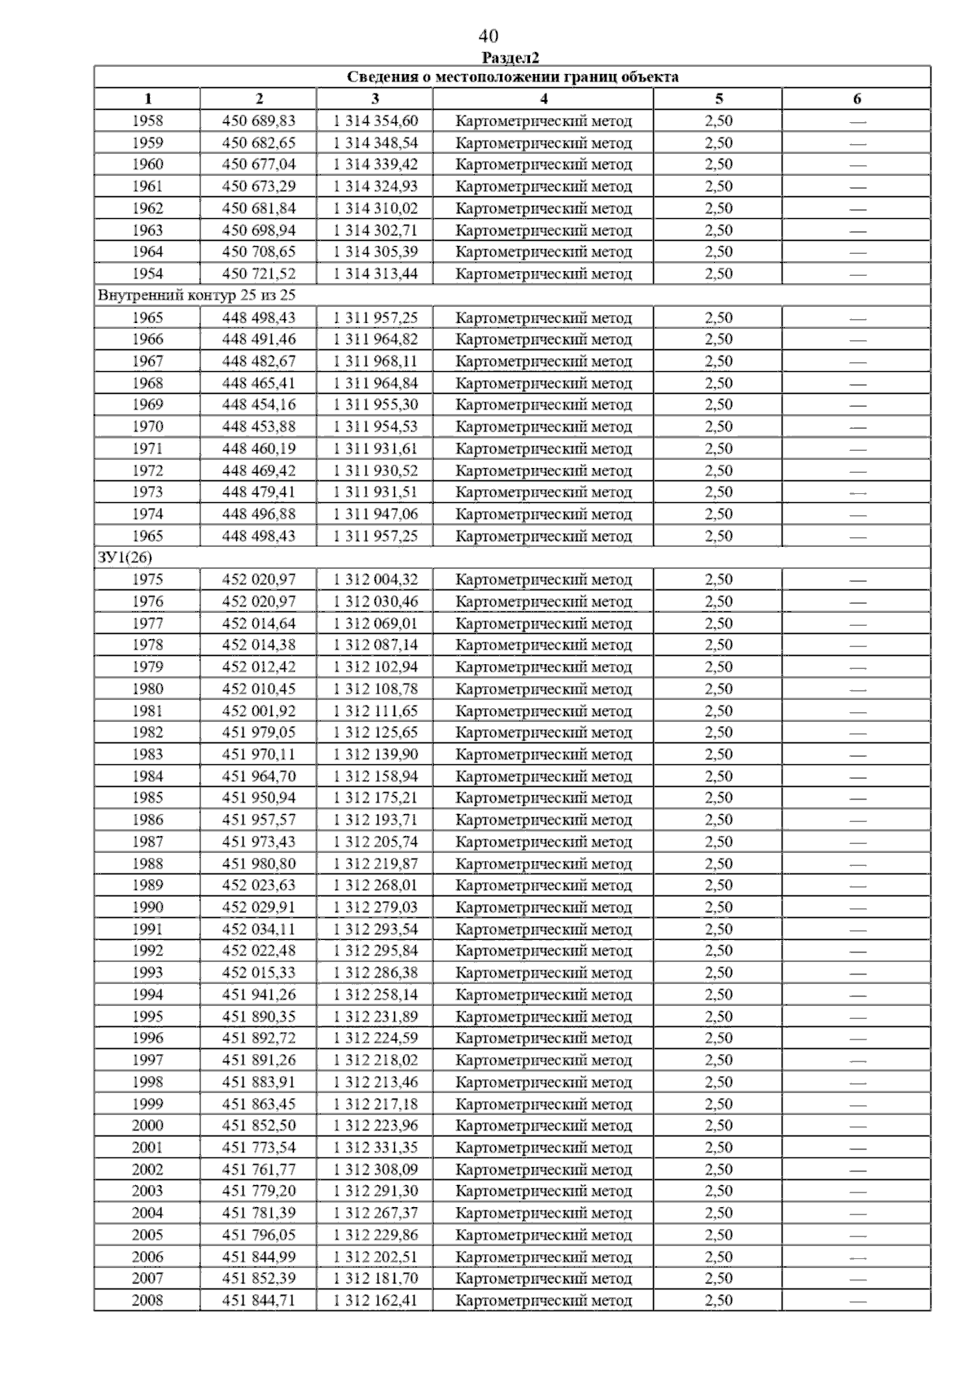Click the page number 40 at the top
pos(488,36)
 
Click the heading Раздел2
pos(510,58)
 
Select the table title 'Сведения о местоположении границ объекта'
pos(512,77)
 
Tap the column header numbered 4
pos(543,99)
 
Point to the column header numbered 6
pos(857,99)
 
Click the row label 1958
pos(147,121)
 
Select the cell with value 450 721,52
pos(259,274)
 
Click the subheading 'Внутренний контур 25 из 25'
pos(196,295)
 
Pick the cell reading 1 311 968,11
pos(375,361)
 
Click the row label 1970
pos(147,426)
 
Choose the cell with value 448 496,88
pos(259,514)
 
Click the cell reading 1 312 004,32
pos(375,579)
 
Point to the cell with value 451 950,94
pos(259,798)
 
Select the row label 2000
pos(147,1126)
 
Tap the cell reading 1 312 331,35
pos(375,1148)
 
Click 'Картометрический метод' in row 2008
pos(543,1301)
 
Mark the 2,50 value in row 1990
pos(718,907)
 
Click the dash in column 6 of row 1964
pos(857,252)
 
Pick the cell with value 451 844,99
pos(259,1257)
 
